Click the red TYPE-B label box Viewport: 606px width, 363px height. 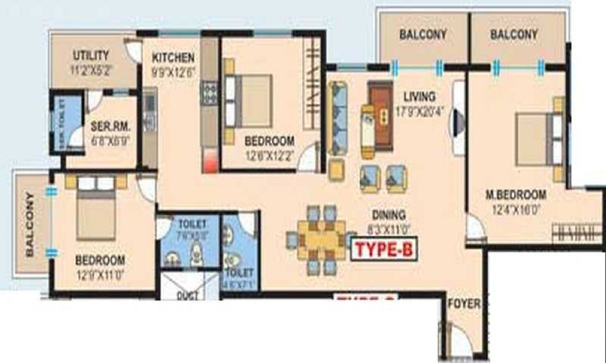click(x=384, y=249)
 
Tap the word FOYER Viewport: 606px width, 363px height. click(x=464, y=304)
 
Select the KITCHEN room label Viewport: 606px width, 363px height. click(x=173, y=58)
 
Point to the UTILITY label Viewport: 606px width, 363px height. click(x=91, y=55)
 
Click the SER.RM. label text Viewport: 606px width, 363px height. click(x=108, y=127)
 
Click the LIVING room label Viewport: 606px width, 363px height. click(x=419, y=96)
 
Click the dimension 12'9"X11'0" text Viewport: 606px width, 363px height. click(x=100, y=273)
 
